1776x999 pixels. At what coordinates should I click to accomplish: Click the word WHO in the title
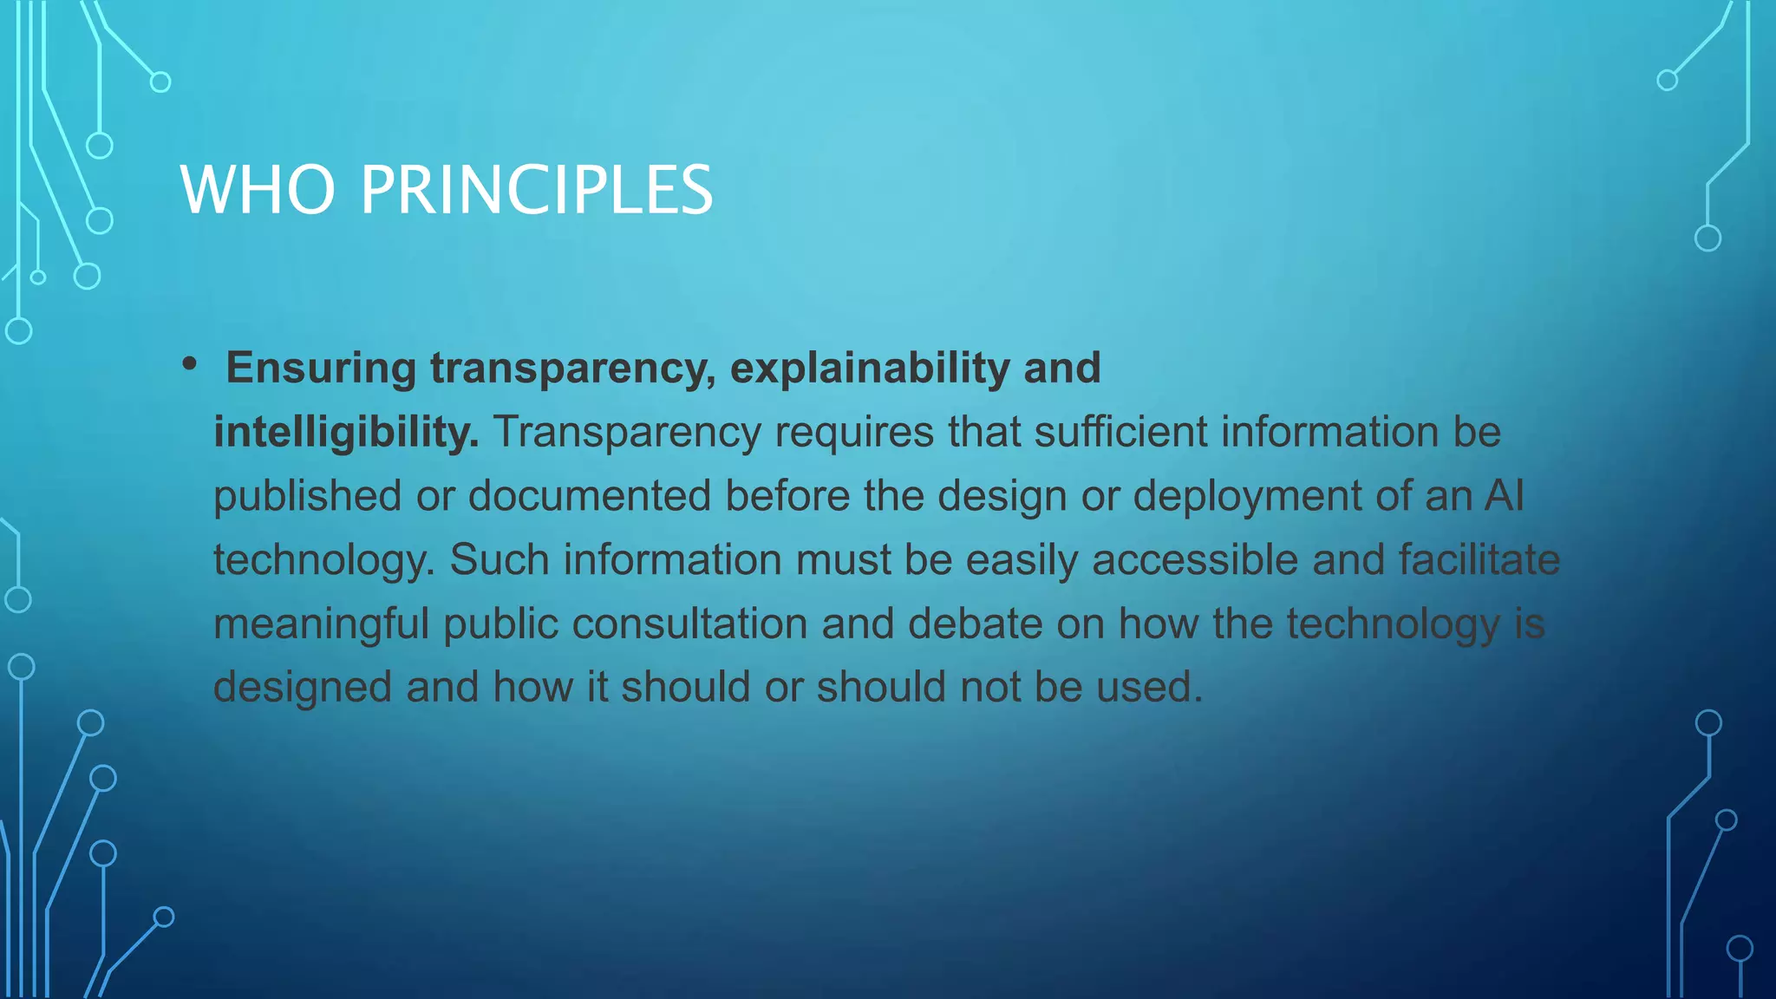[258, 190]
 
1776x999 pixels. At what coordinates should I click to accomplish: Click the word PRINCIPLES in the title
[537, 190]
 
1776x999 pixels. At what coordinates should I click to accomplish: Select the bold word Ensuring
[321, 368]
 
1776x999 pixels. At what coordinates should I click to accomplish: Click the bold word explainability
[870, 368]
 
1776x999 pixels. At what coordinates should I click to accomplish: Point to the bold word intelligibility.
[346, 432]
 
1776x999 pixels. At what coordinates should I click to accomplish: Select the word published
[308, 496]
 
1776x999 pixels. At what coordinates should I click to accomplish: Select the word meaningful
[322, 624]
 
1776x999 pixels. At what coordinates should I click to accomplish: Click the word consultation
[689, 624]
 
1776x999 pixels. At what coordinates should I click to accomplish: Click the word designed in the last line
[303, 687]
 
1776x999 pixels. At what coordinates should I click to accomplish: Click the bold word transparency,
[573, 368]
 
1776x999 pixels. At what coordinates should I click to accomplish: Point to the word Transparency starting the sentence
[627, 432]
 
